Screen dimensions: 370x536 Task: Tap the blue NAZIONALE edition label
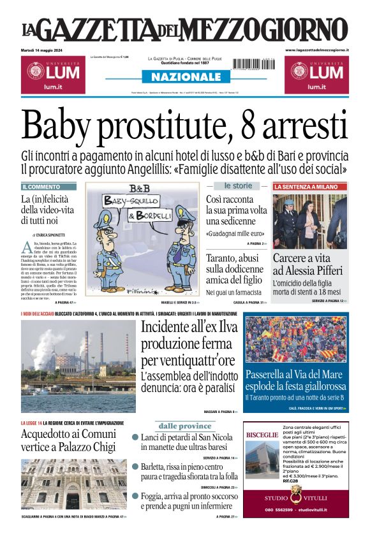coord(185,76)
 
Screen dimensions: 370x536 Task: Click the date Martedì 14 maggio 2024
coord(45,50)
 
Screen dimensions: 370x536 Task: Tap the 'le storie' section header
coord(237,186)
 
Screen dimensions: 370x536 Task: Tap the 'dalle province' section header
coord(185,426)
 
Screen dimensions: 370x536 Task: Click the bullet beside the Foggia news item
coord(135,496)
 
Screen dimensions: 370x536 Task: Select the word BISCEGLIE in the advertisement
coord(262,435)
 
